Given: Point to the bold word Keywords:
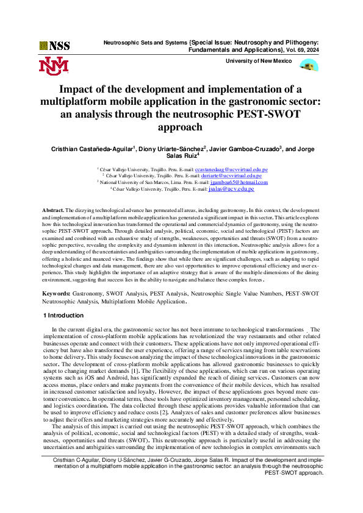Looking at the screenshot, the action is tap(57, 293).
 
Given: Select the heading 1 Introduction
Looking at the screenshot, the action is tap(64, 315).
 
